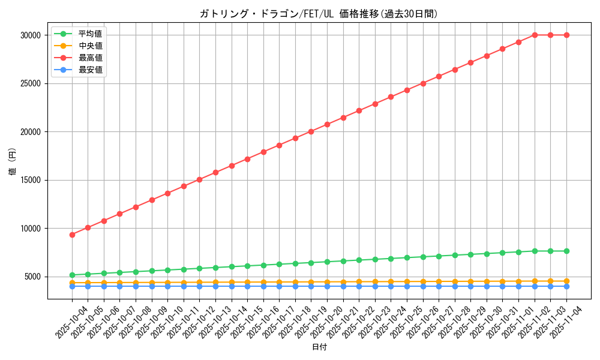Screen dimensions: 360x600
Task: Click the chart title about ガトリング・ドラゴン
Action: click(x=319, y=14)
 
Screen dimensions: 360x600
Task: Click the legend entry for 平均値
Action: click(x=90, y=34)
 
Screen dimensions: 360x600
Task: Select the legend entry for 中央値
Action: click(x=90, y=46)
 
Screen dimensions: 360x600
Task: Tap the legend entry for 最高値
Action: click(x=90, y=58)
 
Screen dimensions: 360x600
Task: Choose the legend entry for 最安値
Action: click(x=90, y=70)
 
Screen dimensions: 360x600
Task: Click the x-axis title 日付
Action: click(x=319, y=347)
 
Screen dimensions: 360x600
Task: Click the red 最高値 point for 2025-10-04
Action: click(x=72, y=235)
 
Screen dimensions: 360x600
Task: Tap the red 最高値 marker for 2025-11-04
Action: click(x=566, y=35)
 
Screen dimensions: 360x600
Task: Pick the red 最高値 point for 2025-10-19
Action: click(x=311, y=131)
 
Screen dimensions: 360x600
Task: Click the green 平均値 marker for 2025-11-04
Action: click(x=566, y=251)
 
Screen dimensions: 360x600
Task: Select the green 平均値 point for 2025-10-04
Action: click(x=72, y=275)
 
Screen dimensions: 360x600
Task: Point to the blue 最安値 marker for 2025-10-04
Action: click(x=72, y=286)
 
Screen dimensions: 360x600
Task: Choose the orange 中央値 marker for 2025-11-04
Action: click(x=566, y=281)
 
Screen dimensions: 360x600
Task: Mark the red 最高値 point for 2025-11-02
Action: click(x=535, y=35)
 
